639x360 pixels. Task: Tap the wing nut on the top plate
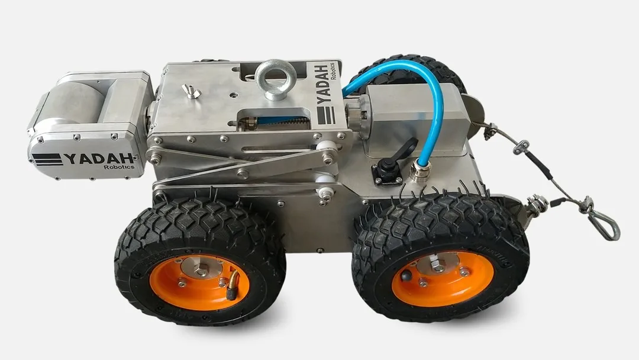tap(191, 92)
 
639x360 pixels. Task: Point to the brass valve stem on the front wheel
tap(233, 285)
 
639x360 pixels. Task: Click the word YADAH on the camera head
tap(99, 158)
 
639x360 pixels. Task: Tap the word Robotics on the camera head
tap(119, 167)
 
